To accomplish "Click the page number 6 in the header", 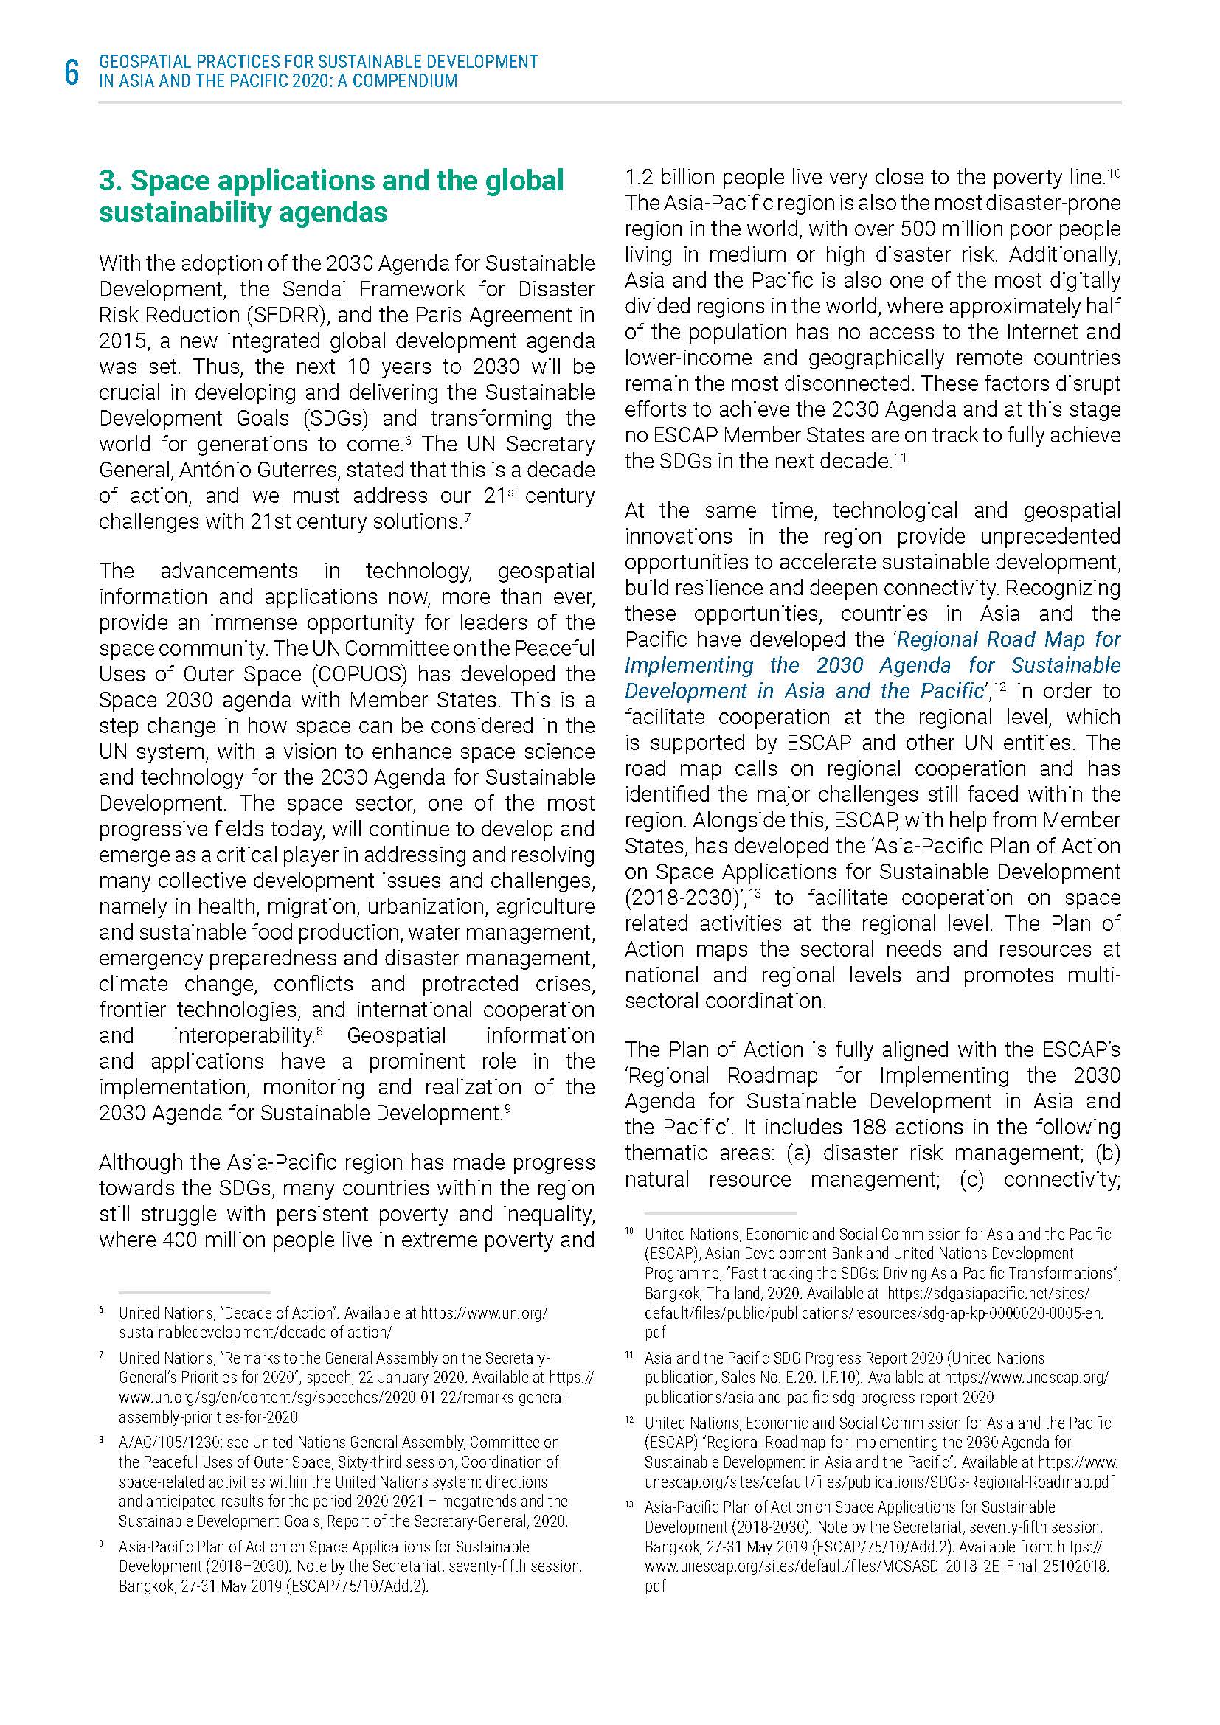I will pos(72,73).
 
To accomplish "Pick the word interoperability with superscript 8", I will pos(243,1036).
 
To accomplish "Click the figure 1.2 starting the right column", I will pos(638,178).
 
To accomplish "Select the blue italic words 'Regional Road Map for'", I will pos(1008,639).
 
